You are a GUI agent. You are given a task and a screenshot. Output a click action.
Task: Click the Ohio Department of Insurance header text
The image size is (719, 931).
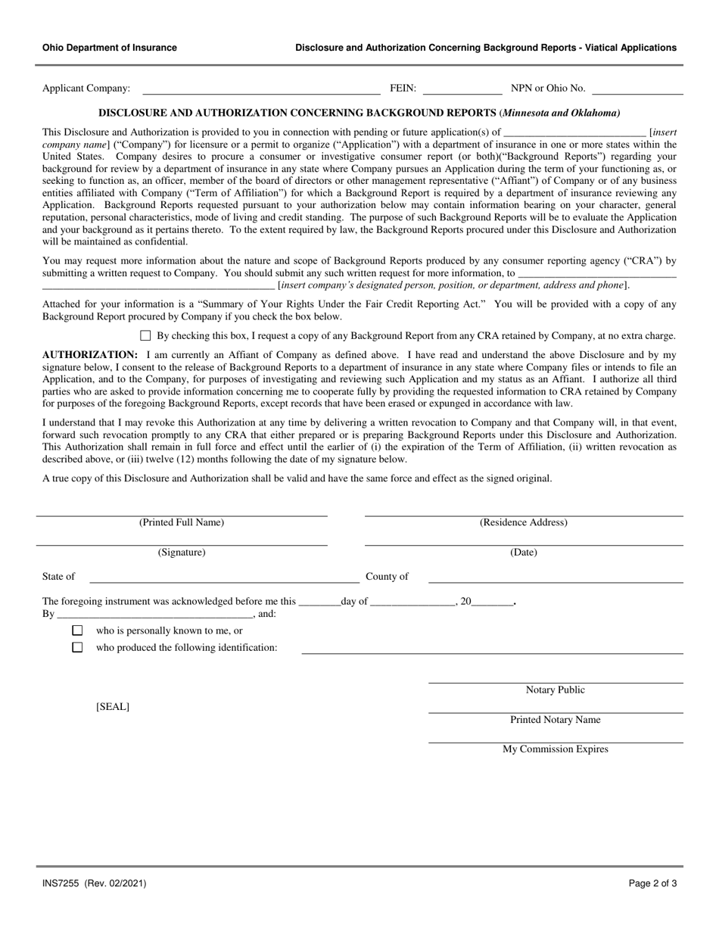click(110, 48)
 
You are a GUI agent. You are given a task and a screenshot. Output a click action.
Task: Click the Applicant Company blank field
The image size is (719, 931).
click(261, 89)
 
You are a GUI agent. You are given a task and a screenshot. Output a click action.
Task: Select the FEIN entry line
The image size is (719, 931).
click(462, 89)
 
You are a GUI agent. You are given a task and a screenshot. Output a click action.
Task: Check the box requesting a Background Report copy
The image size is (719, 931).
click(146, 336)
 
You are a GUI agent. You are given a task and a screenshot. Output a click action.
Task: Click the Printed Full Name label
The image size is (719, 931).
click(182, 522)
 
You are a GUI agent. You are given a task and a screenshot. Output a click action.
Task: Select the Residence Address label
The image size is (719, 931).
click(524, 522)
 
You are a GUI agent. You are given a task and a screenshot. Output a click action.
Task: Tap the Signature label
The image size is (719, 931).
click(182, 553)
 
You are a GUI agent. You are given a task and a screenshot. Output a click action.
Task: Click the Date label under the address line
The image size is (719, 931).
click(524, 553)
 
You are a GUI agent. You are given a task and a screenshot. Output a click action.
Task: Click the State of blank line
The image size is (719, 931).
click(223, 578)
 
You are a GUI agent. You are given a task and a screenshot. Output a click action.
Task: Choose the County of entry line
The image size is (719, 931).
click(556, 578)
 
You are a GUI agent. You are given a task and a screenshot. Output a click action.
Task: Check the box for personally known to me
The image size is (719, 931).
click(77, 631)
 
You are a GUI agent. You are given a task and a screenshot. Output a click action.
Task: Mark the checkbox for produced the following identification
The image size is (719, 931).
click(77, 648)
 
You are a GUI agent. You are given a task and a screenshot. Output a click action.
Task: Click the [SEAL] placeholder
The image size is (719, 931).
click(113, 707)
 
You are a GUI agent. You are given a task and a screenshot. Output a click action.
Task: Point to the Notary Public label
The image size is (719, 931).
click(556, 690)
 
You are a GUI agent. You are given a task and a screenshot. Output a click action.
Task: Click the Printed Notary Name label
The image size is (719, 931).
click(556, 720)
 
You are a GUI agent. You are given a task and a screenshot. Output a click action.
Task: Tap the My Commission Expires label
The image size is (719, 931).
click(556, 749)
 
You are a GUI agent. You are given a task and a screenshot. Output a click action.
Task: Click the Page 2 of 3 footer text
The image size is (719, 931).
click(652, 883)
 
